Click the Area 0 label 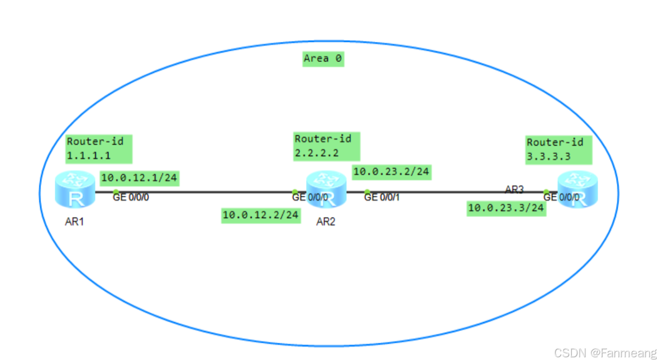pos(323,58)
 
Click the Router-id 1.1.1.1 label pos(99,149)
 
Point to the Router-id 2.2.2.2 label pos(327,146)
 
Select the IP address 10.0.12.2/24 pos(261,214)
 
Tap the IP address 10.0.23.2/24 pos(391,171)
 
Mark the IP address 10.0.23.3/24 pos(506,208)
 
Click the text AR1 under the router pos(74,222)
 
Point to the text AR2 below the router pos(326,222)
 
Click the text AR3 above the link pos(514,189)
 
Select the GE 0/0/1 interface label pos(382,197)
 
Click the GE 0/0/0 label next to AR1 pos(131,197)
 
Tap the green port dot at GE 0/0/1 pos(367,192)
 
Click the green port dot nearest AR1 pos(116,192)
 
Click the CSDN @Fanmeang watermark pos(605,352)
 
